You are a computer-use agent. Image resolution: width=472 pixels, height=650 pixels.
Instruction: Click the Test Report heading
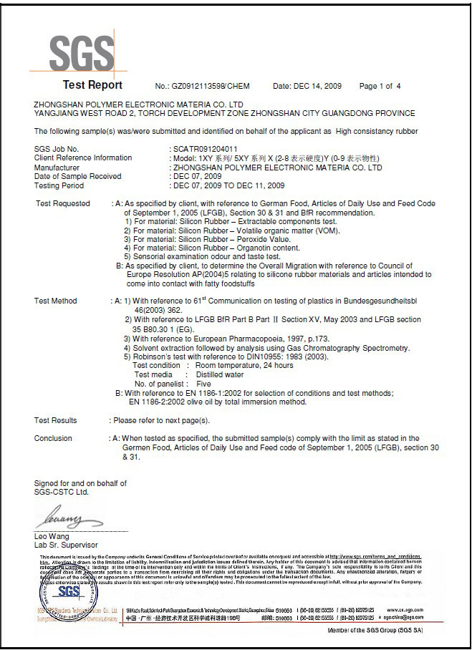(92, 85)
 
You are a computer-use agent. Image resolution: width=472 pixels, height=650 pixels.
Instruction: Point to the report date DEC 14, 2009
(317, 87)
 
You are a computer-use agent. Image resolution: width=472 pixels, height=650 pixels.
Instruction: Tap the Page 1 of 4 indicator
(380, 87)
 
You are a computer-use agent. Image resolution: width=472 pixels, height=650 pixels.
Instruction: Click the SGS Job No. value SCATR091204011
(193, 149)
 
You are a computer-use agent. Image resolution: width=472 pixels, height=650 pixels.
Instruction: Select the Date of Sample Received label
(77, 176)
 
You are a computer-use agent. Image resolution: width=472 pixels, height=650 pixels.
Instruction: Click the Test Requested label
(62, 203)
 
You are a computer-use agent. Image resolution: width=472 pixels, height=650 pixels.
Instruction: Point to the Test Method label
(55, 301)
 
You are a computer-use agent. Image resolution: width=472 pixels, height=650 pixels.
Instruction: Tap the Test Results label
(55, 420)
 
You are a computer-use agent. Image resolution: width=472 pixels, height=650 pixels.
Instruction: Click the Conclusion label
(53, 438)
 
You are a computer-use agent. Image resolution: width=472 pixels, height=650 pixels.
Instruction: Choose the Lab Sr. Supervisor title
(66, 545)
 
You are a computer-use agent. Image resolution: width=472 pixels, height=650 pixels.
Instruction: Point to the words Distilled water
(215, 374)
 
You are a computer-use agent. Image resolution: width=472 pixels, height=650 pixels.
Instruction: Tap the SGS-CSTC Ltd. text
(62, 493)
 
